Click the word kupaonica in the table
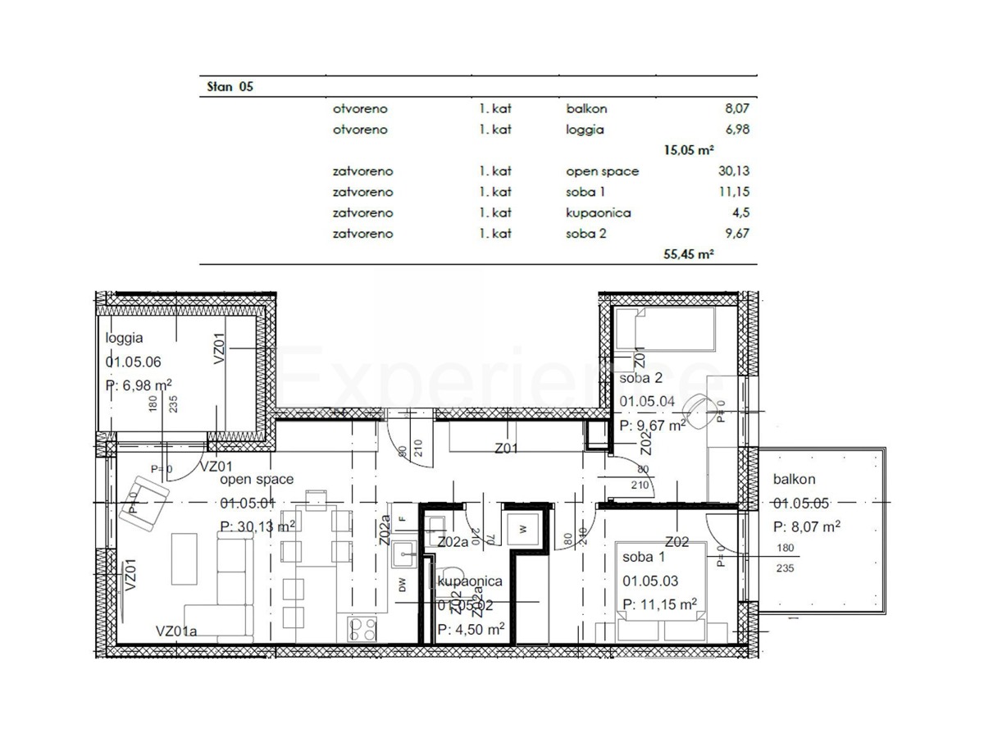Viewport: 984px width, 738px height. tap(598, 212)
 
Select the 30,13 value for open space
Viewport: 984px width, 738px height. tap(733, 171)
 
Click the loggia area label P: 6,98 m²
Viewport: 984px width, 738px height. tap(139, 385)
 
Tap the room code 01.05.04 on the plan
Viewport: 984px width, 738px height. tap(647, 402)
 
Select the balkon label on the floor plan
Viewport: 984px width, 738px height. tap(794, 481)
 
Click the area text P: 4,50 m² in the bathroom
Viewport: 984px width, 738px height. tap(471, 630)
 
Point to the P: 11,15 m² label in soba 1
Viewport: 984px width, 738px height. tap(659, 604)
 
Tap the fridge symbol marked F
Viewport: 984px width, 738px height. tap(402, 520)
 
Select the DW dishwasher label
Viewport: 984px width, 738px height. tap(402, 585)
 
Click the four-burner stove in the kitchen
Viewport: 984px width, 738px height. tap(362, 629)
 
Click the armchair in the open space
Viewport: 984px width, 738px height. tap(143, 498)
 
